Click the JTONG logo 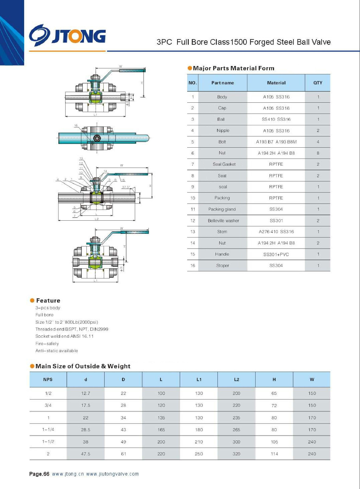point(67,36)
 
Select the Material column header point(276,83)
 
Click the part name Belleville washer point(223,221)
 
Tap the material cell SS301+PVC point(276,254)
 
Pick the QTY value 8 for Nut point(318,153)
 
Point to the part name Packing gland point(222,209)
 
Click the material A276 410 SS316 point(276,232)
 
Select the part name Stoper point(222,266)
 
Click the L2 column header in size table point(236,380)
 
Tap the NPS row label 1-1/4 point(48,430)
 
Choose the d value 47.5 point(85,454)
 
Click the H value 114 point(274,454)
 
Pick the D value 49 point(123,442)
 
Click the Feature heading point(48,300)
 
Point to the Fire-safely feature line point(47,344)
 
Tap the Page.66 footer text point(39,474)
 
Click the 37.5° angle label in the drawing point(126,187)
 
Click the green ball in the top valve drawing point(96,98)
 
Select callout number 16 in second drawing point(76,126)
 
